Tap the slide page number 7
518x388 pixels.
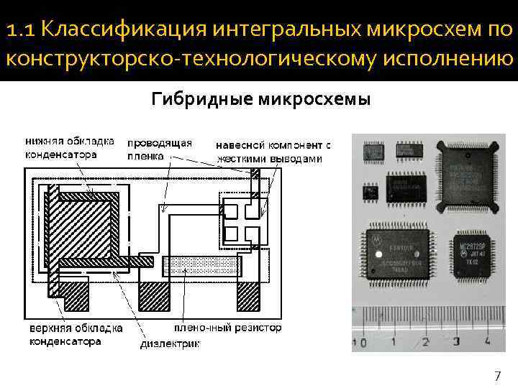point(497,376)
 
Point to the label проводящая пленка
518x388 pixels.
point(159,147)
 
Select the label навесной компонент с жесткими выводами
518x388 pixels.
point(273,152)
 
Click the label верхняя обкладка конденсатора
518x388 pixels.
point(76,334)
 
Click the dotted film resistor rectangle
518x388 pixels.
point(201,263)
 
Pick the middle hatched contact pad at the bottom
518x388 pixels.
point(153,295)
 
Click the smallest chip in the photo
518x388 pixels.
point(371,191)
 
